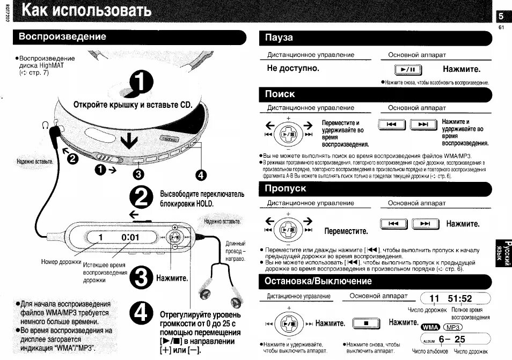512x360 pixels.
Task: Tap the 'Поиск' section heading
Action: coord(280,94)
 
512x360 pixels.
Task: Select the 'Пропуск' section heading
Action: coord(286,188)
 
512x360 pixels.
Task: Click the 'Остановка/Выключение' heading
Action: coord(318,281)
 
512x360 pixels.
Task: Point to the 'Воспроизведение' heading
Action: coord(62,36)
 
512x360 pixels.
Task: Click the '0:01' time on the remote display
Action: coord(130,237)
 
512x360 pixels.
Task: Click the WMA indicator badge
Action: coord(430,327)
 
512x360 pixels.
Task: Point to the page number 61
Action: coord(501,28)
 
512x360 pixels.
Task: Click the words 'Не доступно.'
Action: coord(293,69)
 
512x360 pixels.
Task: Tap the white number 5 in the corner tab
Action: coord(501,17)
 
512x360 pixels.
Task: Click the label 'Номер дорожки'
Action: coord(61,262)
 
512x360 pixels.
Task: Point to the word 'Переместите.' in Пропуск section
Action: coord(346,231)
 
